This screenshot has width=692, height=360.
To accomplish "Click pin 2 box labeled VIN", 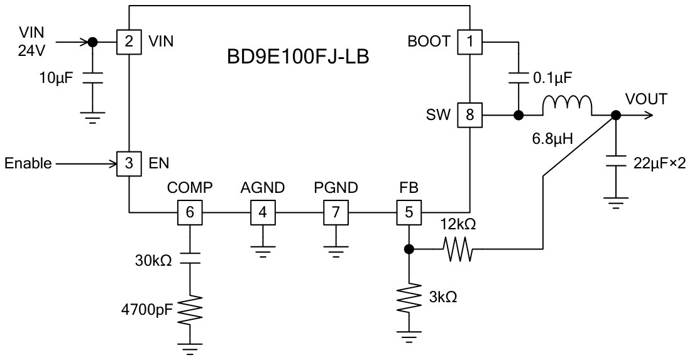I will click(x=128, y=42).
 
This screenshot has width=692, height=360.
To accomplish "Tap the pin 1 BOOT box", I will click(x=470, y=42).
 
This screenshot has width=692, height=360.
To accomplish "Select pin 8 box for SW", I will click(x=470, y=116).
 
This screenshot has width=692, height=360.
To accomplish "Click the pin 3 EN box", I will click(x=128, y=165).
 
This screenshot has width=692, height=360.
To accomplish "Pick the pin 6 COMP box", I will click(x=190, y=212).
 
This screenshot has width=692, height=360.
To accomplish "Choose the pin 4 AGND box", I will click(x=263, y=212).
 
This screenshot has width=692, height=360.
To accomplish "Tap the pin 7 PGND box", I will click(x=336, y=212).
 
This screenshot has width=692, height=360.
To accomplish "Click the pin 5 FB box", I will click(x=409, y=212).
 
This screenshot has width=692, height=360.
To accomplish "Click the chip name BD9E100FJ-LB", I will click(x=297, y=58).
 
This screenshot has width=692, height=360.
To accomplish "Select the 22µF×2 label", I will click(x=657, y=164).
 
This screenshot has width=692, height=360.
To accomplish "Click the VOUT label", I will click(x=647, y=99).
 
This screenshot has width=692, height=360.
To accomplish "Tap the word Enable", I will click(x=28, y=165).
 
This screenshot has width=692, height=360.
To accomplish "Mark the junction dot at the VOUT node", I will click(x=616, y=116).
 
